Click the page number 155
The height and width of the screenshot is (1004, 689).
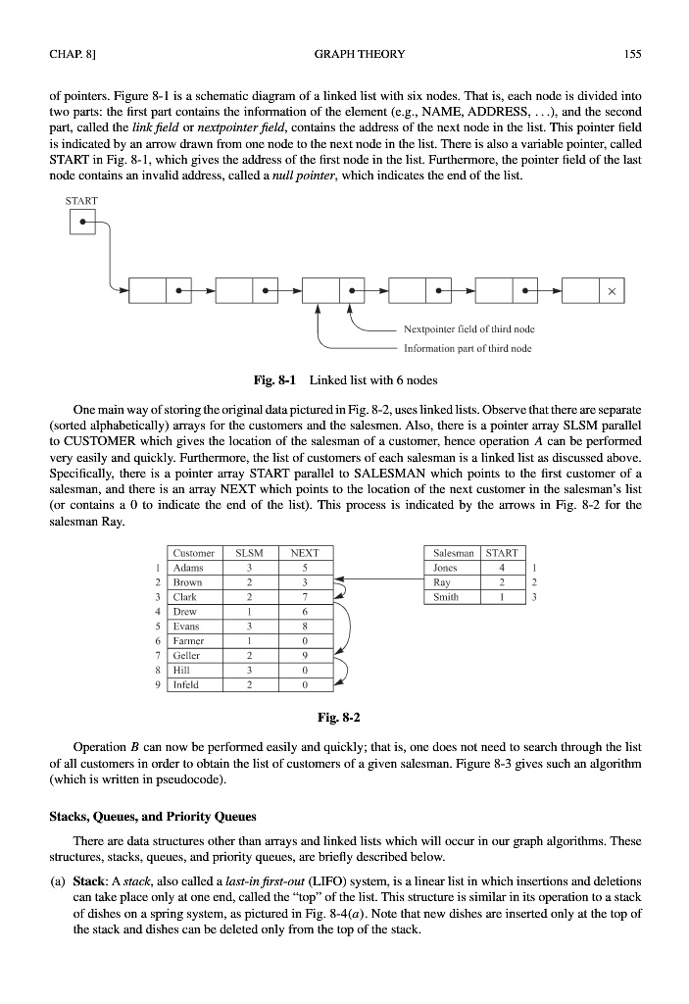(632, 54)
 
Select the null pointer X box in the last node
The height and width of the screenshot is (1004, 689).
(612, 291)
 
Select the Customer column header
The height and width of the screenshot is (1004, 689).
(193, 552)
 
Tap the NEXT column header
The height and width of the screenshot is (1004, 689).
(306, 552)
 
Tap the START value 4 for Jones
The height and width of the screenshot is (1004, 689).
(501, 567)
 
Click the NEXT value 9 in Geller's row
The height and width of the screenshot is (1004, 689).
(306, 656)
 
